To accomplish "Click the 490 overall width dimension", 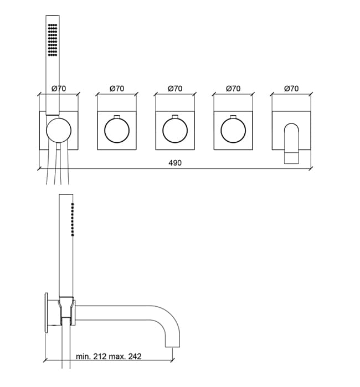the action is click(x=175, y=163).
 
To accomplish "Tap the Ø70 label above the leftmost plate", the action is click(x=59, y=89).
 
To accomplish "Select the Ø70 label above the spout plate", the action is click(x=291, y=89).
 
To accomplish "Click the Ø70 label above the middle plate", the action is click(x=175, y=89).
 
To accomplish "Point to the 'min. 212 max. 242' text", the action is click(x=109, y=357).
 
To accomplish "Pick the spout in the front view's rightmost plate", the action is click(x=292, y=143).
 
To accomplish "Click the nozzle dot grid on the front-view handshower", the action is click(x=53, y=40).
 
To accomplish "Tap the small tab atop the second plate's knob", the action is click(x=117, y=116).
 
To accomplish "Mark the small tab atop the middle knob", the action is click(x=175, y=116).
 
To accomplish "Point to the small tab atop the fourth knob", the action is click(x=233, y=116).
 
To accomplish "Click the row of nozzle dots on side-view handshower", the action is click(x=73, y=219).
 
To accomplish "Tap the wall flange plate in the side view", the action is click(x=46, y=313).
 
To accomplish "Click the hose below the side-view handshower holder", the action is click(x=66, y=343).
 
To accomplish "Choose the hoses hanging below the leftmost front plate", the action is click(x=58, y=164).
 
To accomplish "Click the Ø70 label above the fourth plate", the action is click(x=233, y=89).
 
